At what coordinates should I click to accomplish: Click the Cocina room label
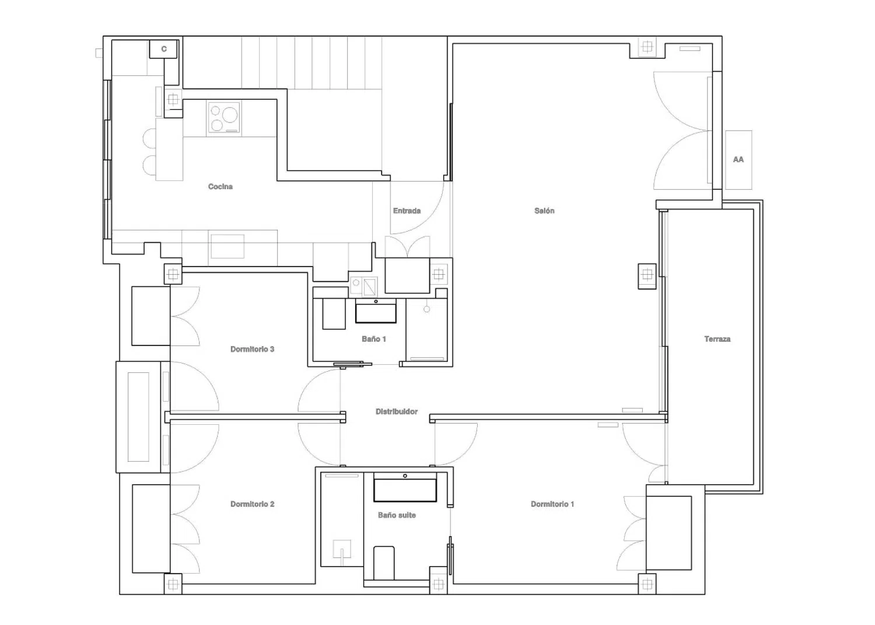pyautogui.click(x=220, y=187)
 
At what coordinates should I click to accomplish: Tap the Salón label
pyautogui.click(x=544, y=211)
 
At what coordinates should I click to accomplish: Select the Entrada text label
pyautogui.click(x=407, y=211)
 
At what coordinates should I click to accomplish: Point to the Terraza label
pyautogui.click(x=717, y=339)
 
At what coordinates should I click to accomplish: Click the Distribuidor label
pyautogui.click(x=397, y=411)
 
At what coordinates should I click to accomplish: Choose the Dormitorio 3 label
pyautogui.click(x=252, y=349)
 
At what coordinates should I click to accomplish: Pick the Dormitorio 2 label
pyautogui.click(x=252, y=504)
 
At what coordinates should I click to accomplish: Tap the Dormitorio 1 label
pyautogui.click(x=552, y=504)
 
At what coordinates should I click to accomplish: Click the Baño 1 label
pyautogui.click(x=374, y=339)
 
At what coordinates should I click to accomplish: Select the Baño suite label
pyautogui.click(x=397, y=515)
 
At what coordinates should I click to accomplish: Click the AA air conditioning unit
pyautogui.click(x=738, y=160)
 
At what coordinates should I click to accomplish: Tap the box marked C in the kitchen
pyautogui.click(x=164, y=49)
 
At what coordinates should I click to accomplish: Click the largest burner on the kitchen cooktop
pyautogui.click(x=229, y=115)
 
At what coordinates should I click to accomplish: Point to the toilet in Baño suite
pyautogui.click(x=384, y=563)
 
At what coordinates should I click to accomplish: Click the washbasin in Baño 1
pyautogui.click(x=376, y=311)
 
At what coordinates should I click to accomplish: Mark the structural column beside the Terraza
pyautogui.click(x=647, y=276)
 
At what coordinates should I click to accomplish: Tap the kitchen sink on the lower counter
pyautogui.click(x=228, y=246)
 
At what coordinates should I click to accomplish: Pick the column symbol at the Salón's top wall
pyautogui.click(x=647, y=47)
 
